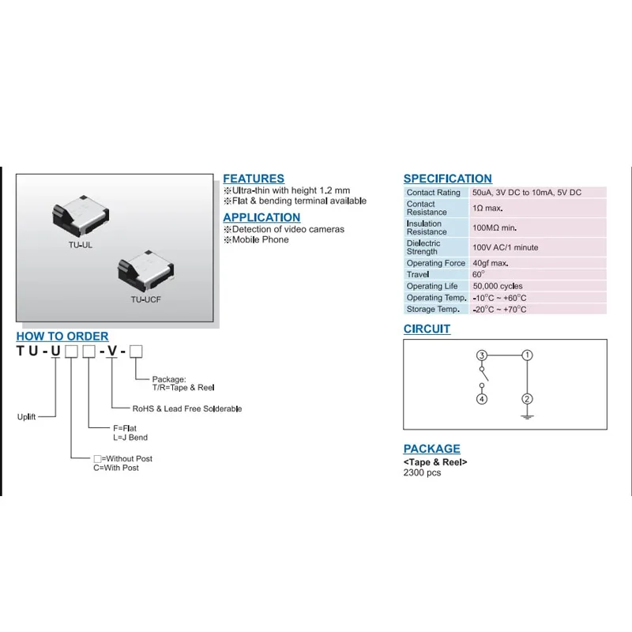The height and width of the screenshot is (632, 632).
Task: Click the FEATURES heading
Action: point(254,179)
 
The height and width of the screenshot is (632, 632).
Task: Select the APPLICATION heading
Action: point(261,217)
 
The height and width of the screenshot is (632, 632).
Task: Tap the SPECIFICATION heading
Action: point(447,179)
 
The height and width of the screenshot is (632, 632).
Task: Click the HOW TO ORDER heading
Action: point(62,337)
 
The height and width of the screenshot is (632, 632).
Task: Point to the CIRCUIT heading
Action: point(427,329)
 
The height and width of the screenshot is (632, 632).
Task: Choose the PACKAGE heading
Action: point(431,449)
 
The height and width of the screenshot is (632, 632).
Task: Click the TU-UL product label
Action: point(80,245)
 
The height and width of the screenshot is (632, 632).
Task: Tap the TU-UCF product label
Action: point(146,299)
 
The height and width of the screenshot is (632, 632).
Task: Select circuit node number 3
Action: point(482,355)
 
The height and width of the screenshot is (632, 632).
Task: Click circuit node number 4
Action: point(482,399)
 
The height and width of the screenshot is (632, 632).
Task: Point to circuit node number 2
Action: point(528,399)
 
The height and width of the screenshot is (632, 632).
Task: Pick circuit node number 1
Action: point(528,355)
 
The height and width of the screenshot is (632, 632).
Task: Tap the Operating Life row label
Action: point(432,286)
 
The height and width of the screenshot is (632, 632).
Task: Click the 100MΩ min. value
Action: point(495,228)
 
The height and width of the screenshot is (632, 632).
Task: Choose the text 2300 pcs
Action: point(423,472)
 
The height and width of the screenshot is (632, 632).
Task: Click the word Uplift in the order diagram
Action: point(27,416)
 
